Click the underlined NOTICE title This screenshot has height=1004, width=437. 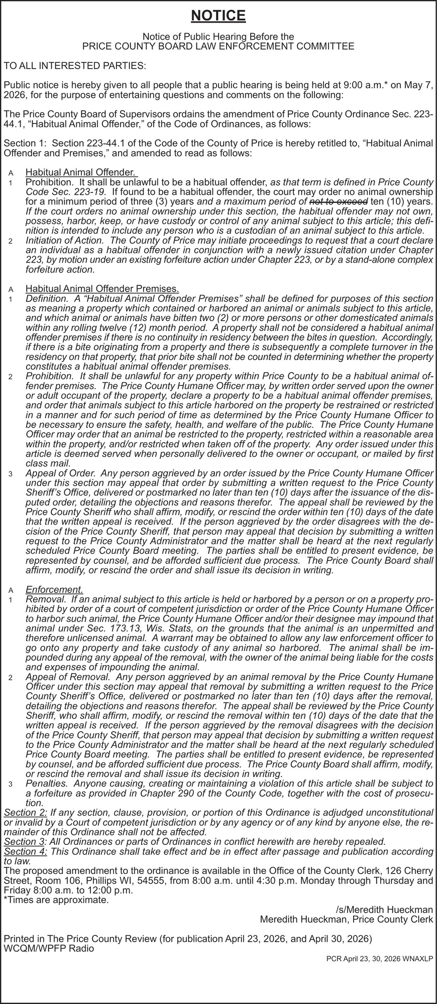[x=219, y=17]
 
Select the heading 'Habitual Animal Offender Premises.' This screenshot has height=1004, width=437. [x=102, y=289]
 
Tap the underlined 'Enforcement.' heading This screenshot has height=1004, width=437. [x=54, y=589]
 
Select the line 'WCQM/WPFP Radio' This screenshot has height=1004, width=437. [x=48, y=948]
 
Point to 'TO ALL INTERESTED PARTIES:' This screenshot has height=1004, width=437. [x=75, y=66]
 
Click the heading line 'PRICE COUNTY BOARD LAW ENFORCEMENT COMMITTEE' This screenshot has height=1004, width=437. [x=218, y=46]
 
